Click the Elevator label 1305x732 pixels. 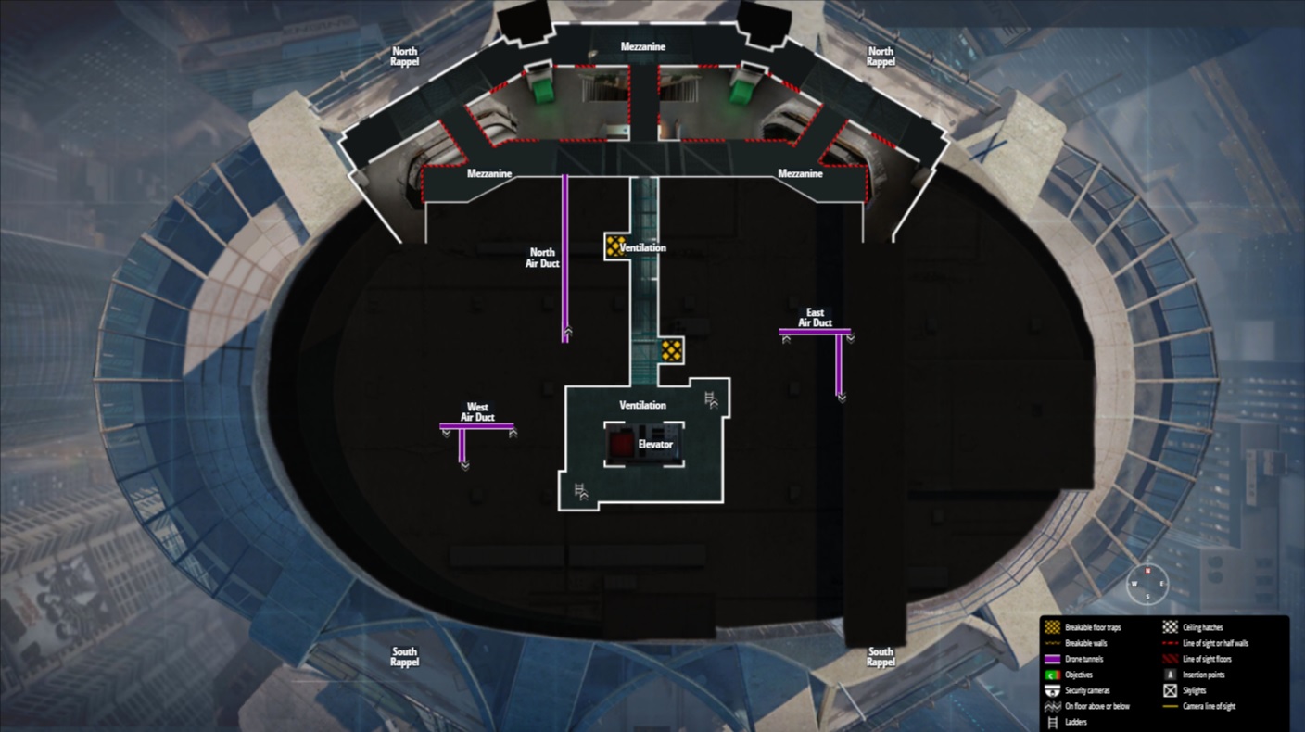(655, 445)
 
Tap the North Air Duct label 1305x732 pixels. (542, 258)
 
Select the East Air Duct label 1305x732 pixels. (815, 318)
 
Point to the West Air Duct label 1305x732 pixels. (477, 412)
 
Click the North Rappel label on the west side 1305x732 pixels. (405, 57)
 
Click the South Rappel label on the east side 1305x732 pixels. (880, 657)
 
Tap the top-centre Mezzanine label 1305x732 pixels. (643, 47)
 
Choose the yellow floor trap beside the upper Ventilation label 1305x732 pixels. (614, 246)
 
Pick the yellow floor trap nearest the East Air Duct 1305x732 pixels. (671, 350)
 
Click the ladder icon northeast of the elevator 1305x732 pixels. (711, 398)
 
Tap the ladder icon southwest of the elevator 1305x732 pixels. (581, 491)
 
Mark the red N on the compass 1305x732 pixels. (1147, 572)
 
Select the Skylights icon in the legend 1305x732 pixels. (1169, 690)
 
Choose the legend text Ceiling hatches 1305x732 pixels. (1203, 627)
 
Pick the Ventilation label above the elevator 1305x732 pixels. (642, 406)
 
